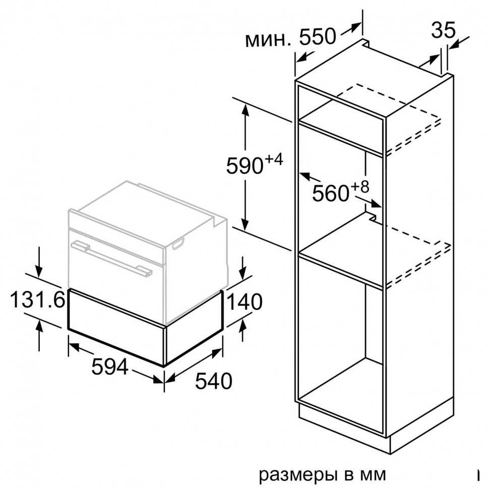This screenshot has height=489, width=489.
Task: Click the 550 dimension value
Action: [x=317, y=37]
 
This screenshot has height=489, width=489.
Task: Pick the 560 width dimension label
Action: [x=331, y=193]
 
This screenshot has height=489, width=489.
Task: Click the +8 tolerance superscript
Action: [x=360, y=186]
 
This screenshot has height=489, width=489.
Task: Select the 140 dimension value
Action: [x=245, y=302]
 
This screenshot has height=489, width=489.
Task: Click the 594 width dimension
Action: [x=109, y=368]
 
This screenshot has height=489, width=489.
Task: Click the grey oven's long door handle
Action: [x=111, y=257]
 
